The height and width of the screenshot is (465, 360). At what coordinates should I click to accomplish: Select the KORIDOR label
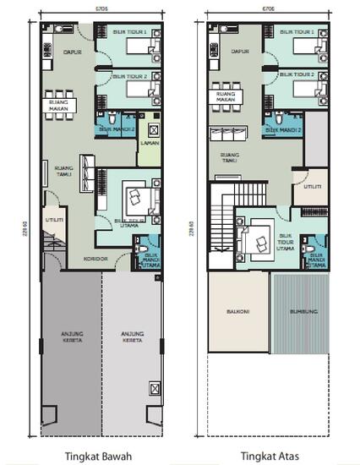click(93, 258)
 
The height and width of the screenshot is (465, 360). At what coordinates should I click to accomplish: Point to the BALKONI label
click(237, 311)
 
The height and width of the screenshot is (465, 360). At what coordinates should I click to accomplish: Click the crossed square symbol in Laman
click(153, 130)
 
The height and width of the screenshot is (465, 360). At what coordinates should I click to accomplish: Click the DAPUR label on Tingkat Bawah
click(72, 52)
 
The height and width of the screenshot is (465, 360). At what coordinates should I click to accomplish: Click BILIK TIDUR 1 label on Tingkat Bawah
click(130, 32)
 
